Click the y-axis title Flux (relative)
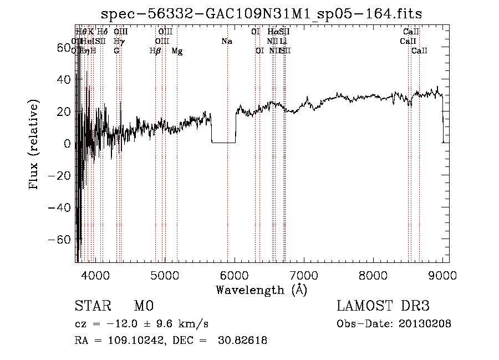(x=34, y=144)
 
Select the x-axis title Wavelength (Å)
(x=262, y=290)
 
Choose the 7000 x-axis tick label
(x=304, y=275)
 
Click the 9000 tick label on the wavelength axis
(x=442, y=275)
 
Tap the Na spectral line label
(x=226, y=41)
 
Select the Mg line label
(x=177, y=51)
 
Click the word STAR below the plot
(x=93, y=307)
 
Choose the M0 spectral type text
(x=144, y=307)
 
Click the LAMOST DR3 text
(x=383, y=307)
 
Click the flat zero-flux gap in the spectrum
(x=223, y=143)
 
